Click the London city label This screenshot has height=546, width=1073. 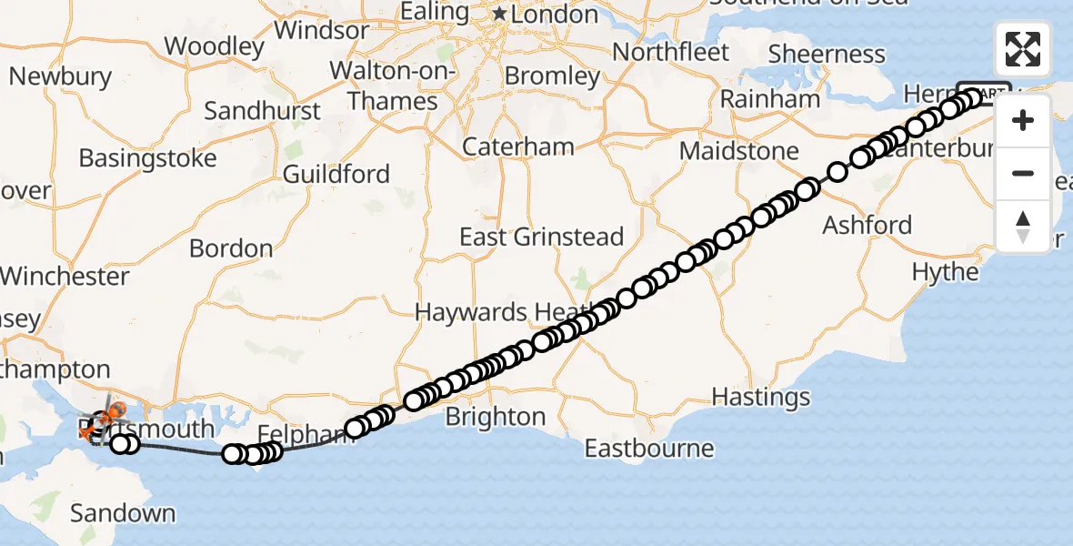555,15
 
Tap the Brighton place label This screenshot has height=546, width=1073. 495,417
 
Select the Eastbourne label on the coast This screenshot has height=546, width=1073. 648,449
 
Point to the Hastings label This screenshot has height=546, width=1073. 760,397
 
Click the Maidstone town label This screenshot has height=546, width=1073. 738,150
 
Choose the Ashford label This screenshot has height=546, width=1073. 867,225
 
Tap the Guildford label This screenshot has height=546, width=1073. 336,174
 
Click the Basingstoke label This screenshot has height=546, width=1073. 147,158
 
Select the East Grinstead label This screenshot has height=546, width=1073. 541,238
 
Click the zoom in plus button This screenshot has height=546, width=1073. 1023,120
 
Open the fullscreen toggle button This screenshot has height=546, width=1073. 1023,49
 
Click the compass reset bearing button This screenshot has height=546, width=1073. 1023,227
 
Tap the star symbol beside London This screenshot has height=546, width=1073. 499,15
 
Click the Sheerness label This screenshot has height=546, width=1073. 827,54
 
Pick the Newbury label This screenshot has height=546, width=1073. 60,76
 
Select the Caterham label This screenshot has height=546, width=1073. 517,147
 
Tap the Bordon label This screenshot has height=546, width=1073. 231,248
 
